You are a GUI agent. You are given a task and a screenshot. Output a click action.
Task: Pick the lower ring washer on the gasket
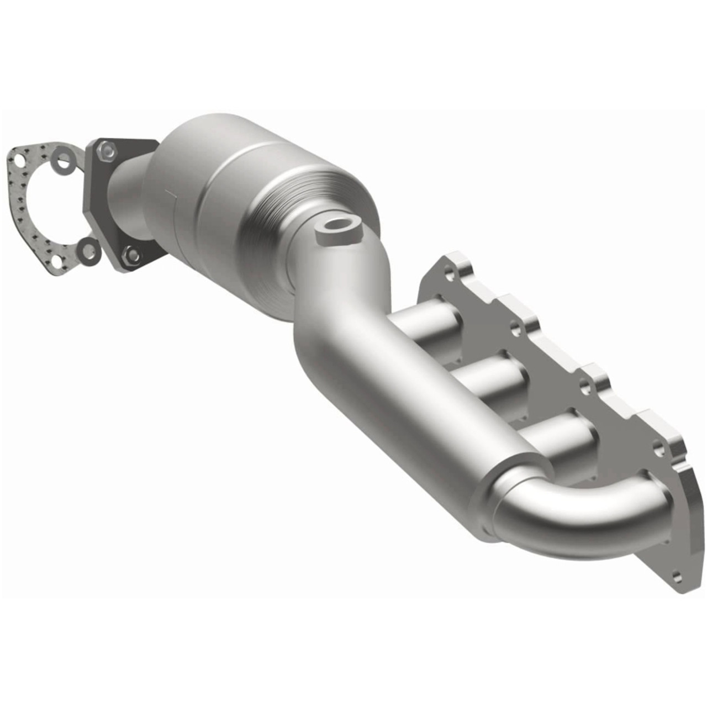click(87, 249)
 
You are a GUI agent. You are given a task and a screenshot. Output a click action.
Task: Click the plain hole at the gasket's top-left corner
click(19, 160)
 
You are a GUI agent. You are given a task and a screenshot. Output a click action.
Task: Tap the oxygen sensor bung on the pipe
click(339, 228)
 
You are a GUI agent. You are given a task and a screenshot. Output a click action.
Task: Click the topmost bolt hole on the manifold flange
click(453, 272)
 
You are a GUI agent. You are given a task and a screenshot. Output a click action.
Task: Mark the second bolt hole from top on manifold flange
click(515, 330)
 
